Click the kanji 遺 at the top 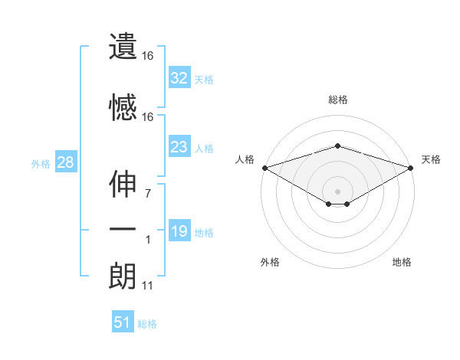click(x=123, y=47)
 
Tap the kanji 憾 click(x=123, y=107)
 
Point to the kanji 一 click(x=123, y=229)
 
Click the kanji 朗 click(x=123, y=275)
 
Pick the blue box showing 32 click(x=179, y=78)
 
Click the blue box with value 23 click(x=179, y=147)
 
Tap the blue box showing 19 click(x=179, y=231)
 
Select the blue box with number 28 click(x=65, y=162)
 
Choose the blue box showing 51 click(x=123, y=322)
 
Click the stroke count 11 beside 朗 click(x=147, y=286)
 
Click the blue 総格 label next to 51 click(x=147, y=324)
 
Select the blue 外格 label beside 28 click(x=41, y=163)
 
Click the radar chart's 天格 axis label click(x=431, y=159)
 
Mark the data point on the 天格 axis click(x=412, y=167)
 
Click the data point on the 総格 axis click(x=337, y=146)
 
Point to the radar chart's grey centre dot click(x=337, y=190)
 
